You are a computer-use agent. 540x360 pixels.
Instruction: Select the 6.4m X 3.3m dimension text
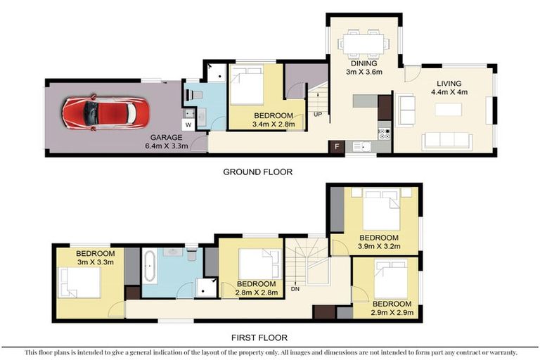166,147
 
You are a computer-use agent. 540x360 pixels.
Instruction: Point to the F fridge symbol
337,147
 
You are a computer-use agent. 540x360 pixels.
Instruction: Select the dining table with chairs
363,44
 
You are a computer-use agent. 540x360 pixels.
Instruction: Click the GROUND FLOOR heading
257,172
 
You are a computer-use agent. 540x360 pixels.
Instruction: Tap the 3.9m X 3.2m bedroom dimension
378,247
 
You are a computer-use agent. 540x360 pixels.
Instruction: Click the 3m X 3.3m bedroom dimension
96,262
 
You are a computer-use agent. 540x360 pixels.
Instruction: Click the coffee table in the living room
448,110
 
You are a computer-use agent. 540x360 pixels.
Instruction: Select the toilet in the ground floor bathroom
195,94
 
